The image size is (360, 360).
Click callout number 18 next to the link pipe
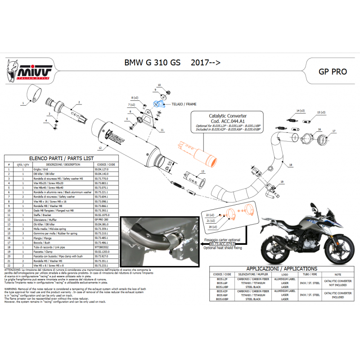(x=290, y=165)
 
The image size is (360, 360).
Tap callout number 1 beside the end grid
(x=22, y=103)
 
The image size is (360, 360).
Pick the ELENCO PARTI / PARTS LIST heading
(x=61, y=158)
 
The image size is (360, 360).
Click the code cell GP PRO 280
(x=102, y=220)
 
